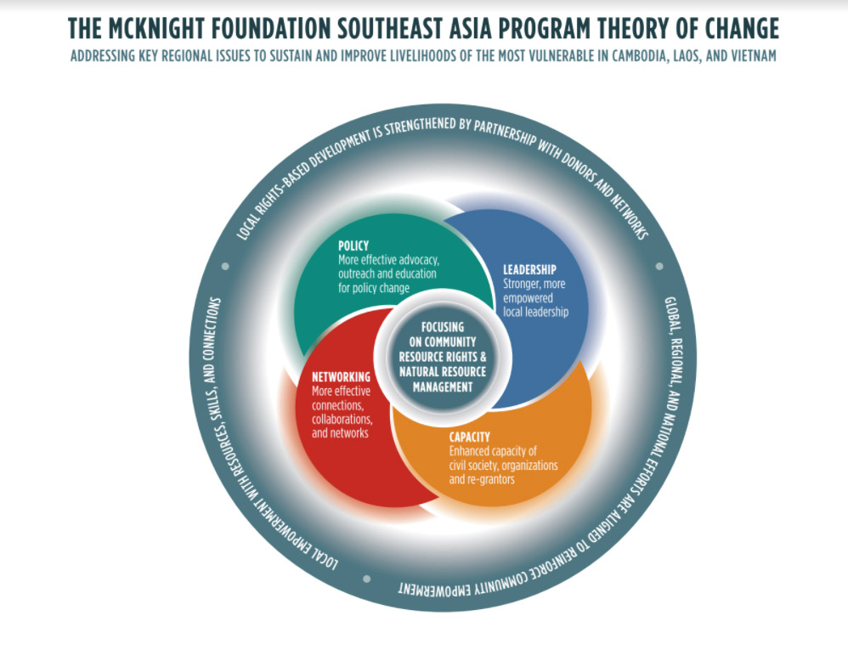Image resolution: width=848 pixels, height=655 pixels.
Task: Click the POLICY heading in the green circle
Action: [x=353, y=246]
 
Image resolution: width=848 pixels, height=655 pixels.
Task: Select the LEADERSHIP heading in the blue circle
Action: [x=529, y=269]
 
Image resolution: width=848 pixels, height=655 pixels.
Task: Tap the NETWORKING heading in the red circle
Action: [x=341, y=377]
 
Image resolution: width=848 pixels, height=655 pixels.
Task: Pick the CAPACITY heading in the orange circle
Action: [x=469, y=437]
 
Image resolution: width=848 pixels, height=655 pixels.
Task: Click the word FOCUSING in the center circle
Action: [x=443, y=327]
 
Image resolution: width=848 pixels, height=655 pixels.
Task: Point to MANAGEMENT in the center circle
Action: [x=443, y=387]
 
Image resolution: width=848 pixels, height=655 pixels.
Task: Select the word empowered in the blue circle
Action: [x=528, y=298]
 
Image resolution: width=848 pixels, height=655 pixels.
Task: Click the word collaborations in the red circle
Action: [x=342, y=419]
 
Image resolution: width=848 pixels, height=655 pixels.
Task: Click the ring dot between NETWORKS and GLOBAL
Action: [x=659, y=266]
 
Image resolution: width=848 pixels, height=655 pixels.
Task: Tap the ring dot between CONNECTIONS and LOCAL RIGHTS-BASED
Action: [x=225, y=266]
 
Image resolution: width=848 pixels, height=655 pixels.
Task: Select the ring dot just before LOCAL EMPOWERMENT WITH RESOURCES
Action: [x=367, y=579]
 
